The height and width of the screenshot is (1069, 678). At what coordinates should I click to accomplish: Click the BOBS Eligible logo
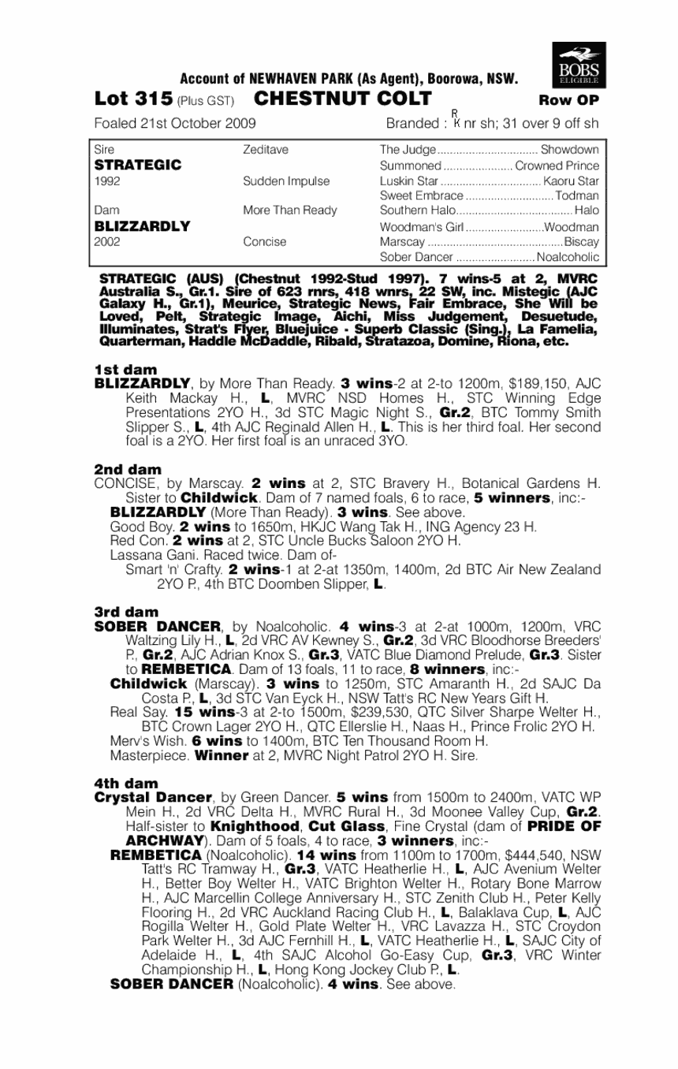tap(579, 64)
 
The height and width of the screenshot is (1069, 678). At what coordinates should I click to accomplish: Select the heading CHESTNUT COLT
tap(343, 99)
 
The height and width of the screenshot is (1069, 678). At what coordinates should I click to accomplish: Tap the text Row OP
tap(568, 100)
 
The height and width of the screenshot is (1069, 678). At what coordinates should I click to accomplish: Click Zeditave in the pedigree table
tap(266, 150)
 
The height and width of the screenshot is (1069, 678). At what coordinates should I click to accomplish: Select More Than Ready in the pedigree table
tap(289, 210)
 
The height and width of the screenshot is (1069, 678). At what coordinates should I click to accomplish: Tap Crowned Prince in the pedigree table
tap(557, 166)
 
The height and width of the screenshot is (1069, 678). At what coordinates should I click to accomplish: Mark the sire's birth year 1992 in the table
tap(106, 181)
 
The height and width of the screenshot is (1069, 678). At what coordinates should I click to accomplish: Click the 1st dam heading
tap(125, 369)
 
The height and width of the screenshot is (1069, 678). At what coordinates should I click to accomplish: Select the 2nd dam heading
tap(128, 470)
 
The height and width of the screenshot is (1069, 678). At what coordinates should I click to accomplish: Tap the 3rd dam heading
tap(126, 612)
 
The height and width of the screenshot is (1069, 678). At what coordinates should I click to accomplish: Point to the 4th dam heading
tap(126, 784)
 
